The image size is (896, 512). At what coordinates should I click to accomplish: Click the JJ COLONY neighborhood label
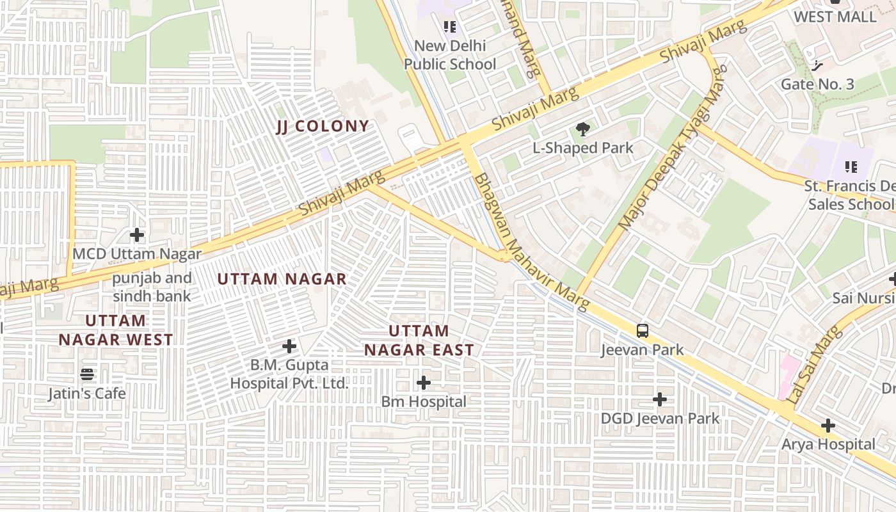click(x=323, y=126)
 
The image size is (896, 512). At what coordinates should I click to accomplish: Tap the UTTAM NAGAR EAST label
click(x=419, y=340)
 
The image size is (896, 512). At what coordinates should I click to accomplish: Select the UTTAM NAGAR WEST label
click(x=116, y=330)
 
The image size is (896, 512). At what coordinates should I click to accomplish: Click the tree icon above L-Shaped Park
click(x=582, y=130)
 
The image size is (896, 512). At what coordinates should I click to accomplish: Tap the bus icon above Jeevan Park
click(x=643, y=331)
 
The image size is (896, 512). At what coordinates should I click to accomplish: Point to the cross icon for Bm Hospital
click(x=424, y=383)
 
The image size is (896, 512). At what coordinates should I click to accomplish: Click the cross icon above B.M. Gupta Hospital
click(x=289, y=347)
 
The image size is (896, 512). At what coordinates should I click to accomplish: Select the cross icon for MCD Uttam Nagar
click(x=137, y=236)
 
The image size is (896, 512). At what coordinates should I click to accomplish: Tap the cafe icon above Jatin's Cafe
click(x=87, y=374)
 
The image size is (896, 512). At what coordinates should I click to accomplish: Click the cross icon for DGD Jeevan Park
click(x=660, y=400)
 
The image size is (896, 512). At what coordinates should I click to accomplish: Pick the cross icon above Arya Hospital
click(x=828, y=426)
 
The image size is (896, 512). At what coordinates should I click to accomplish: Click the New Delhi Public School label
click(x=450, y=55)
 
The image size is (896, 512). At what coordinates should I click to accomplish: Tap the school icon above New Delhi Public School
click(x=450, y=27)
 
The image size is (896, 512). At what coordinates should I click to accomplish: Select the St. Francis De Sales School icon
click(x=851, y=168)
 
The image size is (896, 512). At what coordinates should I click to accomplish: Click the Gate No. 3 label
click(x=817, y=84)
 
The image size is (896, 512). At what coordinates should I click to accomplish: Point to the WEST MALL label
click(x=835, y=17)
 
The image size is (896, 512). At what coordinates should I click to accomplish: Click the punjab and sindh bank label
click(x=152, y=287)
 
